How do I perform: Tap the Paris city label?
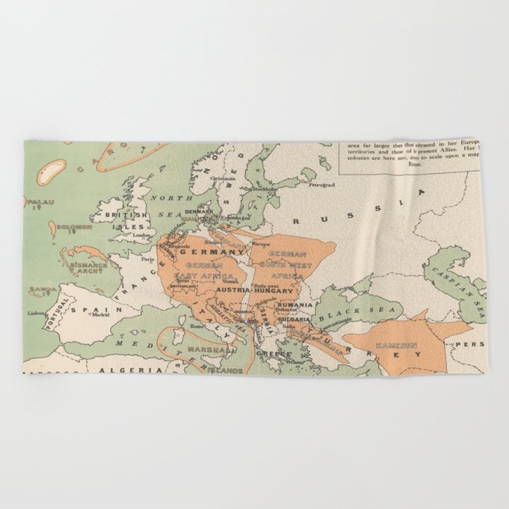coord(148,257)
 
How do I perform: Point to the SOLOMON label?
coord(73,227)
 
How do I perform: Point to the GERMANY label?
coord(216,252)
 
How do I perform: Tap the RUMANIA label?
coord(294,305)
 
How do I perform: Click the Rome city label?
coord(196,326)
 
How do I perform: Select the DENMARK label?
coord(199,212)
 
